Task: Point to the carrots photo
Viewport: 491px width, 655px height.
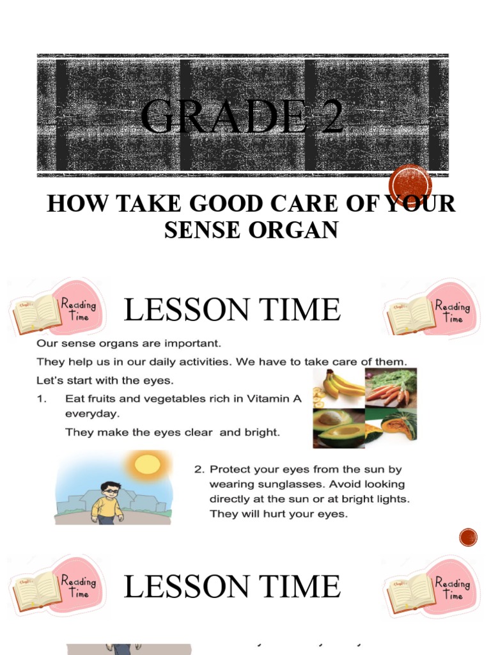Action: (391, 388)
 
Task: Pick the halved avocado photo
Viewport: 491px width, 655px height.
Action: (338, 428)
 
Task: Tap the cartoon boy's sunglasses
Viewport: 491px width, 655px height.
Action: (111, 491)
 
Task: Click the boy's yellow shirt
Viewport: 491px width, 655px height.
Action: (107, 507)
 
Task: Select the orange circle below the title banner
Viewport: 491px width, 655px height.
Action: (410, 186)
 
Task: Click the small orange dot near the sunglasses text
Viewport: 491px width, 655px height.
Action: (469, 537)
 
